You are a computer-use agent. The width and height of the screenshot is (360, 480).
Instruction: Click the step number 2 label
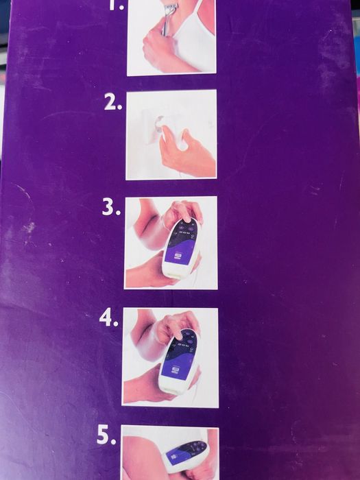tap(112, 103)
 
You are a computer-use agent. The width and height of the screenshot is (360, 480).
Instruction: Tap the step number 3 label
tap(111, 208)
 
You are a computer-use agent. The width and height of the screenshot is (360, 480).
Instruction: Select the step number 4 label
tap(108, 319)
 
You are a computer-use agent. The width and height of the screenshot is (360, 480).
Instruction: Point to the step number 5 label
tap(106, 436)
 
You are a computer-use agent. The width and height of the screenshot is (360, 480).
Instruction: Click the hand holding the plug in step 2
tap(186, 150)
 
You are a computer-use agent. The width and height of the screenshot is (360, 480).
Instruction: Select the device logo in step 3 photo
tap(177, 256)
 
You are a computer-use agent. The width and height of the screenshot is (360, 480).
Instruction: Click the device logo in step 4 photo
tap(175, 370)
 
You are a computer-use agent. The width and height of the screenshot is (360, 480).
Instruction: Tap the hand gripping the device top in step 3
tap(183, 212)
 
